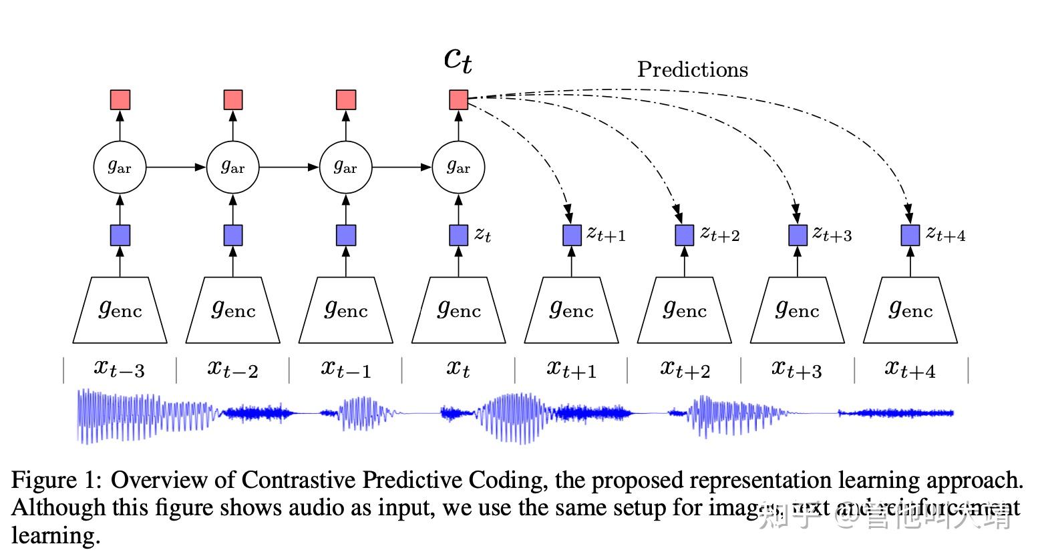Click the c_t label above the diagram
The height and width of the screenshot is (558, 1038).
click(x=458, y=60)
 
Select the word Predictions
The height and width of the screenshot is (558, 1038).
click(x=692, y=69)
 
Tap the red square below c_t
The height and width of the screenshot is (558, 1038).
click(x=458, y=100)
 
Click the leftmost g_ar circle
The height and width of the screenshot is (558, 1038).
click(x=120, y=167)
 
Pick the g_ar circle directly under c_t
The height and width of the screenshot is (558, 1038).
click(x=458, y=167)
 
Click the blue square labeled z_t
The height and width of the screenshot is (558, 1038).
click(x=458, y=235)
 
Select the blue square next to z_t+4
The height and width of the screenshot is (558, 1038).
click(x=910, y=235)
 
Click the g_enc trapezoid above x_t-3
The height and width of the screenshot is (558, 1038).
click(x=120, y=310)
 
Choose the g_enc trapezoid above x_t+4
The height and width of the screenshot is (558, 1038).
click(x=910, y=310)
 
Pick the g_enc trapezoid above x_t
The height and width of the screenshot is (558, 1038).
click(x=458, y=310)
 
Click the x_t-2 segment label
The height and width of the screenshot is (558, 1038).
click(x=232, y=368)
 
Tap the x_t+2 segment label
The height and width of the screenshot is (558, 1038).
click(x=685, y=368)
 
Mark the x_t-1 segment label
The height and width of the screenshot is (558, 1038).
click(x=345, y=368)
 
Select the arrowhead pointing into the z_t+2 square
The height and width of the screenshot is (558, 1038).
click(x=679, y=216)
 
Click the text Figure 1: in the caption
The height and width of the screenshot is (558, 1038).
click(x=56, y=481)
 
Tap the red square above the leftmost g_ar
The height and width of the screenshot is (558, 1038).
click(x=120, y=100)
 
